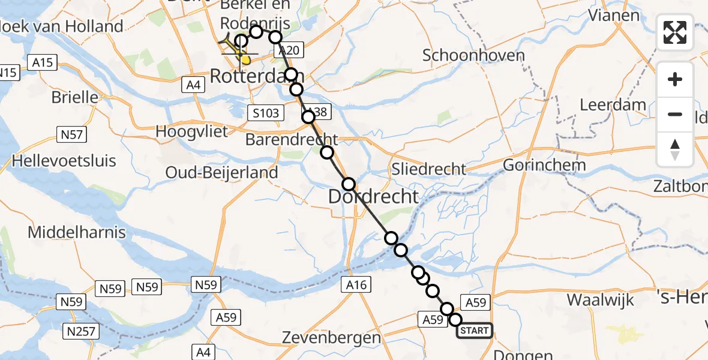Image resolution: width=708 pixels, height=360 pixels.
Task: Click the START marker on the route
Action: pyautogui.click(x=475, y=331)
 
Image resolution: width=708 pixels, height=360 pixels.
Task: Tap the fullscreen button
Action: pyautogui.click(x=675, y=32)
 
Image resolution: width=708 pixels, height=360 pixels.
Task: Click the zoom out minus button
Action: pyautogui.click(x=675, y=114)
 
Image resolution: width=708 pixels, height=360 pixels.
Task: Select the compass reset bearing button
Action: pyautogui.click(x=675, y=149)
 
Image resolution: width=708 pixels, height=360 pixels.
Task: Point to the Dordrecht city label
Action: pyautogui.click(x=373, y=196)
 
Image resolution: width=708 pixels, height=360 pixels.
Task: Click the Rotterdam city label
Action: pyautogui.click(x=257, y=76)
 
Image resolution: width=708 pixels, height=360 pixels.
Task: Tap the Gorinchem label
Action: pyautogui.click(x=545, y=165)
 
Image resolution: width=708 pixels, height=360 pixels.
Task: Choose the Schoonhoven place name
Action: pyautogui.click(x=473, y=56)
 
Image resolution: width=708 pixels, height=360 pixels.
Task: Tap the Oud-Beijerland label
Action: pyautogui.click(x=222, y=173)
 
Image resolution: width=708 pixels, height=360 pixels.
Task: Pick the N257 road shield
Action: pyautogui.click(x=83, y=331)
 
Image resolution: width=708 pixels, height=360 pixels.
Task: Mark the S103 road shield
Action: pyautogui.click(x=264, y=113)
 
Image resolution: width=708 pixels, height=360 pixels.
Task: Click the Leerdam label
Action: pyautogui.click(x=613, y=105)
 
